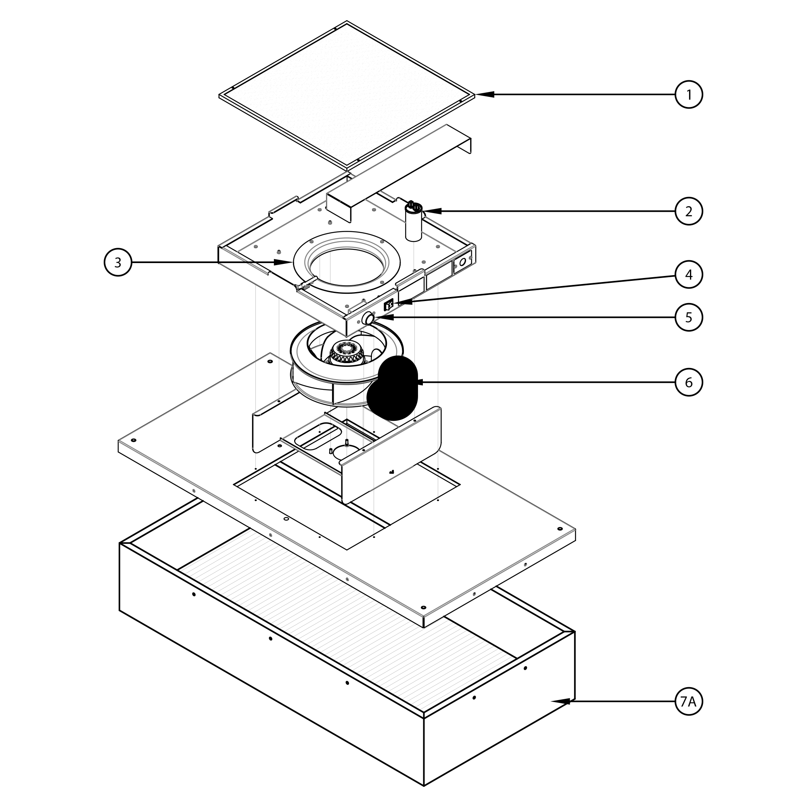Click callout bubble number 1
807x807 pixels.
point(689,95)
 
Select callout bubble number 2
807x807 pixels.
point(689,211)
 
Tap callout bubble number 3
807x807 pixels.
point(118,262)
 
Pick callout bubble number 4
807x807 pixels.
point(689,274)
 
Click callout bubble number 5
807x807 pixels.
point(689,318)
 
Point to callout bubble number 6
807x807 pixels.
point(689,382)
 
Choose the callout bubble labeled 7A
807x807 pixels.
point(689,702)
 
